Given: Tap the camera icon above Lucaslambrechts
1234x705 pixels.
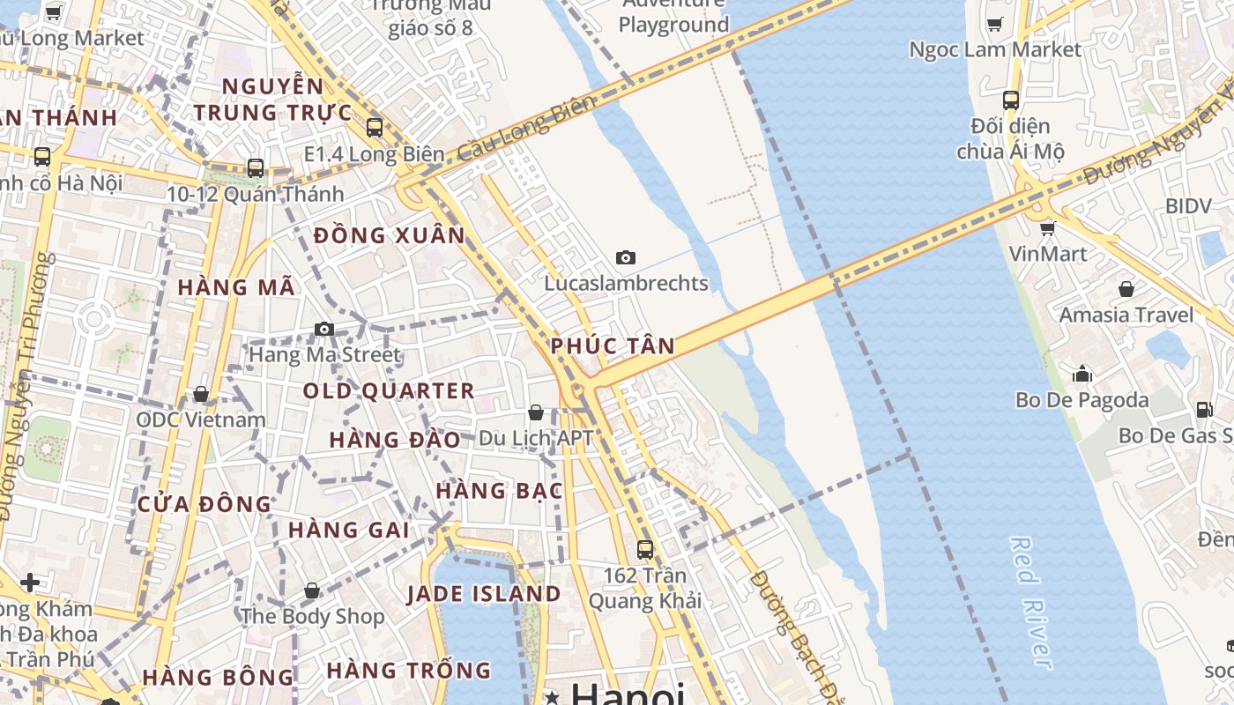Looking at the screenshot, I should coord(626,257).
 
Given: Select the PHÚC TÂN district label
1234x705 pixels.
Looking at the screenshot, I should coord(613,346).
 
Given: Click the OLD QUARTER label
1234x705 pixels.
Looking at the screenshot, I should coord(389,390).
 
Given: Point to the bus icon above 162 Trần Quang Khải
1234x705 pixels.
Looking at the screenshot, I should coord(645,549).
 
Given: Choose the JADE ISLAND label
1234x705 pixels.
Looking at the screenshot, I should coord(484,594).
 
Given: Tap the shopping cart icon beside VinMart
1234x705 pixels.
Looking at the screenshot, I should coord(1047,229).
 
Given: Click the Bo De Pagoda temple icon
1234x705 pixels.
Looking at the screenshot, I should coord(1082,375).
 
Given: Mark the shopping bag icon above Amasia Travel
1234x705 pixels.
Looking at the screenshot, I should coord(1126,289).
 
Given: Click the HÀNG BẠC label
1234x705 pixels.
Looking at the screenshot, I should coord(499,491).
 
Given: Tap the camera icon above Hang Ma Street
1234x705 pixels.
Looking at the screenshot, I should coord(324,329).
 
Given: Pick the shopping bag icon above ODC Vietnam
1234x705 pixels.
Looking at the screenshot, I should coord(201,394).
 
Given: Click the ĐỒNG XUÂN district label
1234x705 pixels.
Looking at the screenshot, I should coord(389,235).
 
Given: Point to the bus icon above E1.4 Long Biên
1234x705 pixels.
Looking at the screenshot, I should coord(375,127).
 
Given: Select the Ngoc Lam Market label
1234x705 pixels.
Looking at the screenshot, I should coord(994,49).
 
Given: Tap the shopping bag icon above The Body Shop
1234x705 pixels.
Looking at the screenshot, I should coord(312,590).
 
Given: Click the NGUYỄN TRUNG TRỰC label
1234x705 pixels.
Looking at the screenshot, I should coord(272,100).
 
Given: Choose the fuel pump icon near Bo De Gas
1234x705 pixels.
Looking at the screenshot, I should coord(1204,409).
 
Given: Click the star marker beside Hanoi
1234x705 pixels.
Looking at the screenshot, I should coord(553,697).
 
